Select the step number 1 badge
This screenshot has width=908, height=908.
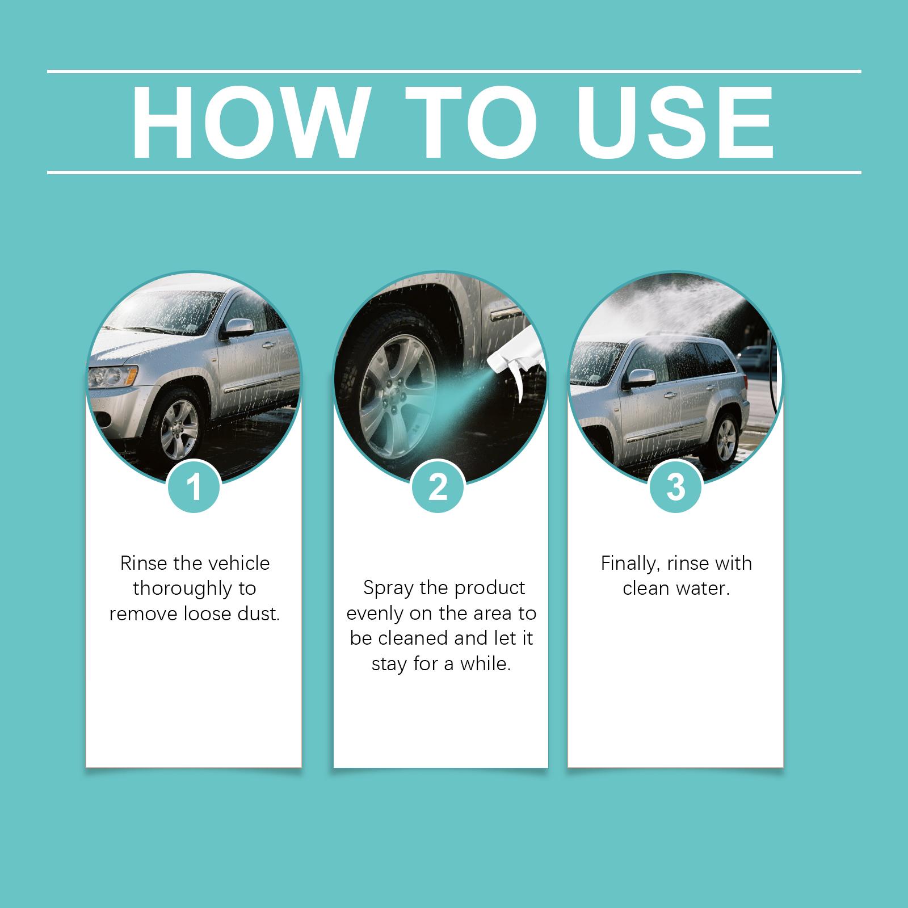point(194,487)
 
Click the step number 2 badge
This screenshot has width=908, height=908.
point(438,487)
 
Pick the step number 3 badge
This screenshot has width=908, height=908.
point(675,487)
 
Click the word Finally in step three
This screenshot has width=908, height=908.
point(632,564)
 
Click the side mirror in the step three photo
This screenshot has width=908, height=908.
point(638,378)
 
